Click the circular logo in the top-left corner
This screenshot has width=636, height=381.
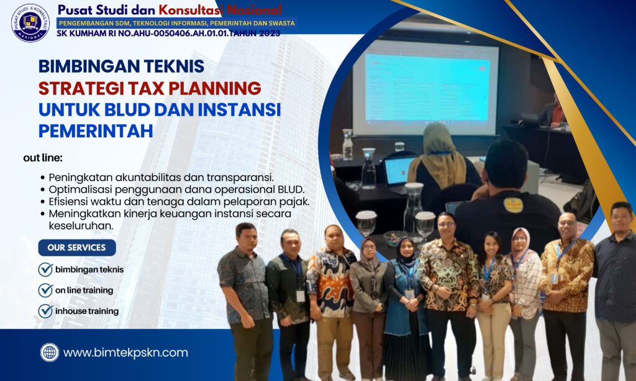30,22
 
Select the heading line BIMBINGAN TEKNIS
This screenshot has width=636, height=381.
121,66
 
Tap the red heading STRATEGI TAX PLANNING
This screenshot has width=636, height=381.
150,87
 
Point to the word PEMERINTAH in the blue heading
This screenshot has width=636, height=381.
96,131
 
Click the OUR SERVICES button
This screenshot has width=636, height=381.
77,248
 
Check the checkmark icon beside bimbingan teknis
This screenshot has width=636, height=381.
45,269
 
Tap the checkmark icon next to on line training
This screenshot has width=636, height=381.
45,290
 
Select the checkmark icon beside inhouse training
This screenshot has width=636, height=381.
45,310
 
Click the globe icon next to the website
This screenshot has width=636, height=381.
50,352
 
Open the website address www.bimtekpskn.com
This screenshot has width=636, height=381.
125,352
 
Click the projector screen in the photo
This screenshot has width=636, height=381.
425,87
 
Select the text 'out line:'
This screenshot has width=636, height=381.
43,158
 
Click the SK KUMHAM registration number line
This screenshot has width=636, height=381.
168,33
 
